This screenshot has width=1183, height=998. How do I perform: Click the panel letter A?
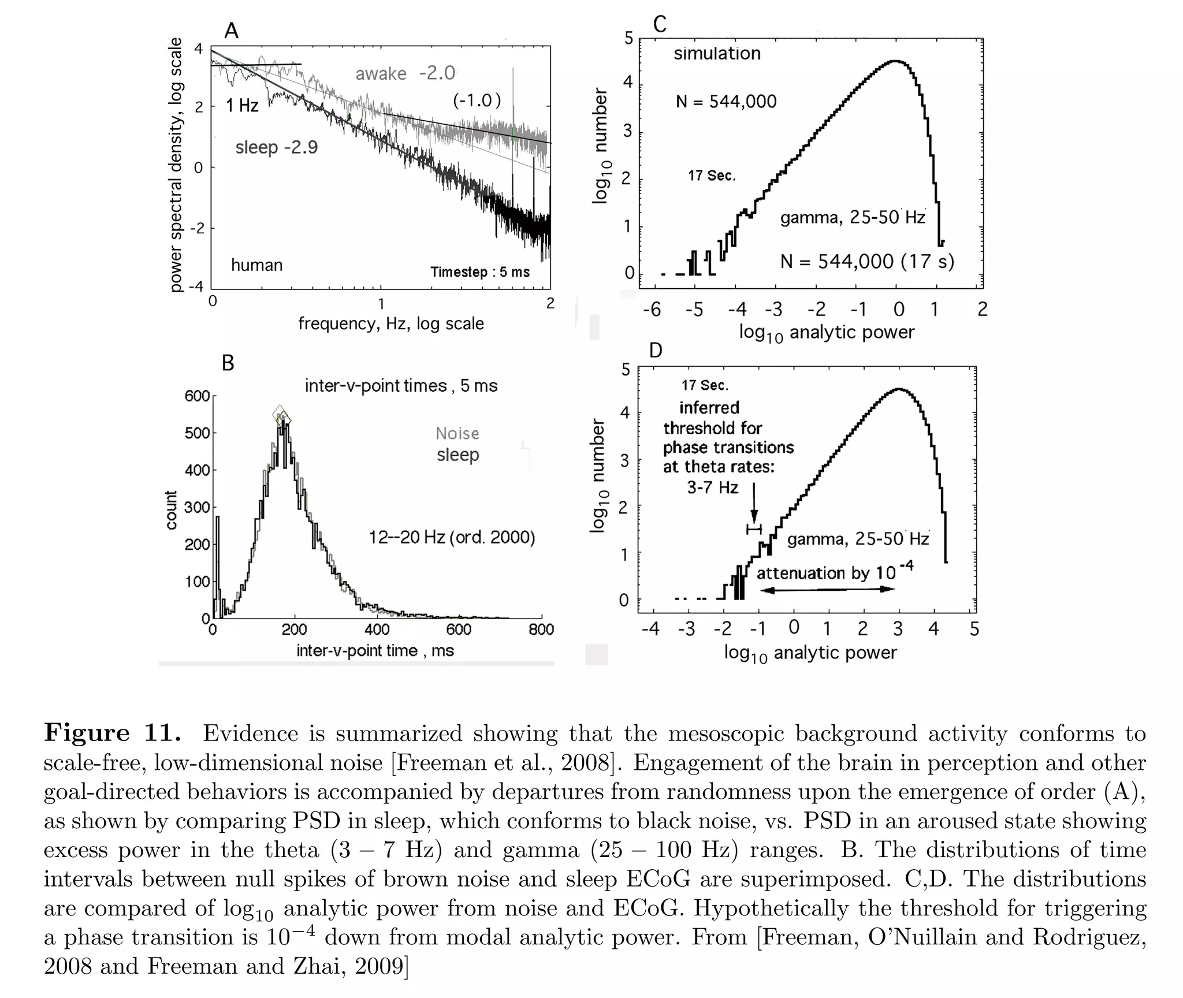231,30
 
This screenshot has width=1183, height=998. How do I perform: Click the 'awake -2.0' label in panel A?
406,73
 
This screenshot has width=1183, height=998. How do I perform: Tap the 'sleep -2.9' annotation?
277,147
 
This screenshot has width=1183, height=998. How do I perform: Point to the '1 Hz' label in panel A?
242,105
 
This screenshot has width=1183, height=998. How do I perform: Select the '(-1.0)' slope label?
477,100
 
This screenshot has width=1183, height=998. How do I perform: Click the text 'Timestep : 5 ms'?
479,272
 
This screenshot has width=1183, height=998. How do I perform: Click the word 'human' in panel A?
256,265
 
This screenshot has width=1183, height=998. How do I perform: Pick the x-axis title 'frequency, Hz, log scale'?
390,323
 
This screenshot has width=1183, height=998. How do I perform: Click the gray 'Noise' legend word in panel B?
457,433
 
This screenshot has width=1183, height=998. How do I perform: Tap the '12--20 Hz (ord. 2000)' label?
452,538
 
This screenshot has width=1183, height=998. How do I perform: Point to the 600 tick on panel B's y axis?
196,396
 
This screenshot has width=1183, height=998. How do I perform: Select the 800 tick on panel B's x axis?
541,630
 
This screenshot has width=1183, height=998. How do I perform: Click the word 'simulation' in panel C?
717,54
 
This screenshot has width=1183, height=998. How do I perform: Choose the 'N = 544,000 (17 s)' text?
866,262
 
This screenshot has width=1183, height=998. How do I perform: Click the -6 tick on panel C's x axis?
652,310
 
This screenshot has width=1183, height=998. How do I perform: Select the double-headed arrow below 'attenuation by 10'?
827,589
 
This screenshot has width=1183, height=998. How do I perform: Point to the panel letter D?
655,350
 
